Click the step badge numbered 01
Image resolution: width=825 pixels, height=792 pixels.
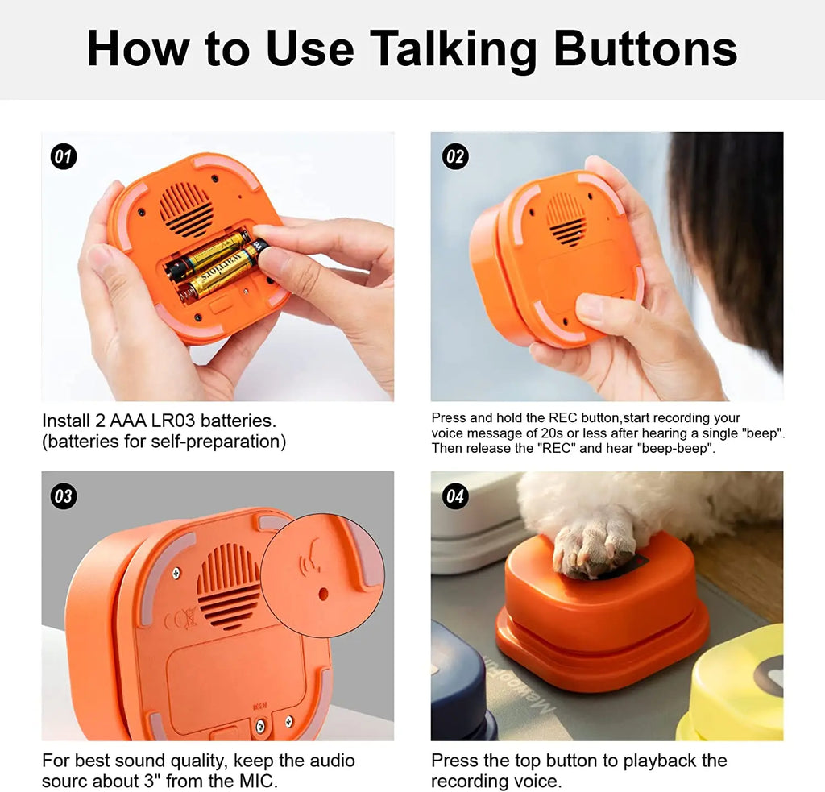tap(64, 156)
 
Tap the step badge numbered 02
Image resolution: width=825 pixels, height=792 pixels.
tap(455, 156)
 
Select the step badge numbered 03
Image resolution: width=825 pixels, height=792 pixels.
tap(64, 496)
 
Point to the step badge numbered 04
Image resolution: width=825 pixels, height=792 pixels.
tap(455, 496)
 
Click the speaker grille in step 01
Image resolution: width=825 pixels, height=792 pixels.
tap(186, 209)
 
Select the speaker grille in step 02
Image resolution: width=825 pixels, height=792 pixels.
tap(566, 218)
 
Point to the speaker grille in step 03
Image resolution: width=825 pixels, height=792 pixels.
tap(229, 586)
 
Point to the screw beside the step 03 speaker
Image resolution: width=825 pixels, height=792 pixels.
tap(175, 573)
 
